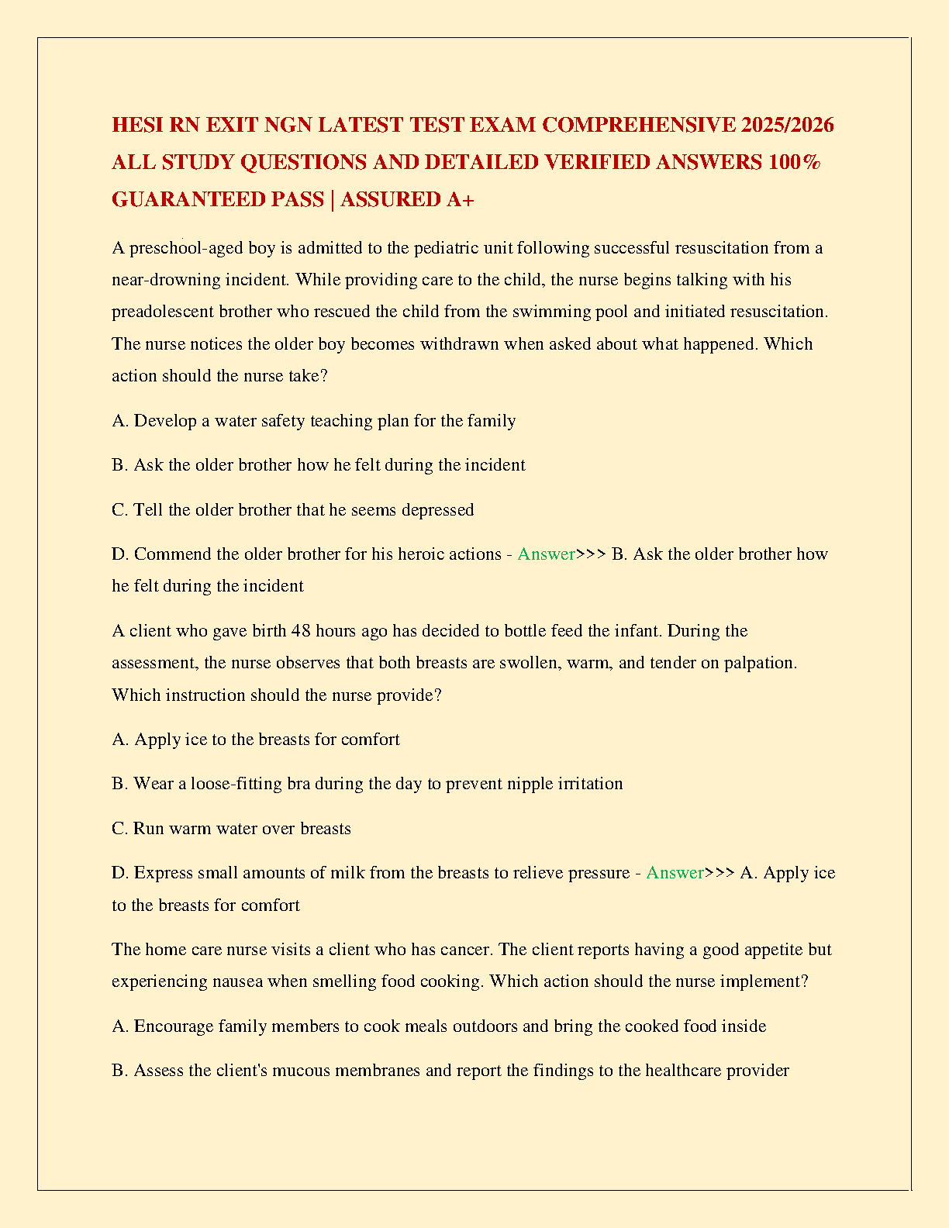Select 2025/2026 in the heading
tap(787, 125)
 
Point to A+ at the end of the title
tap(461, 199)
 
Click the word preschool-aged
tap(186, 248)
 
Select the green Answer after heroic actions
tap(546, 554)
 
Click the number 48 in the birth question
tap(301, 631)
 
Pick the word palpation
tap(760, 663)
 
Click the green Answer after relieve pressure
tap(675, 873)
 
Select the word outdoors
tap(485, 1026)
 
